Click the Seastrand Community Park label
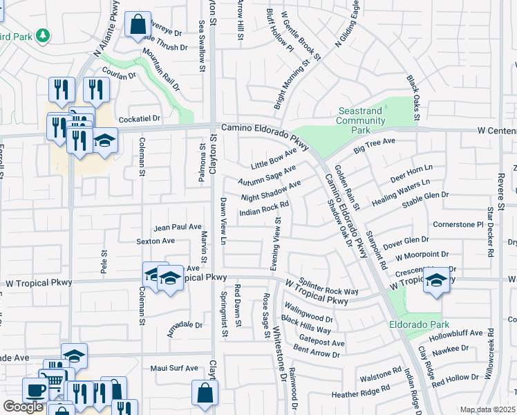pos(361,120)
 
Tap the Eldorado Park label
pos(419,324)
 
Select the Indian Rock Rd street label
pos(263,208)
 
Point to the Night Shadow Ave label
pos(270,191)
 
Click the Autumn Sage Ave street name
pos(267,175)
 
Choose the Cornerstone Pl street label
pos(458,225)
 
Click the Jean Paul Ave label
pos(177,227)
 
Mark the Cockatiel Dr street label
pos(139,119)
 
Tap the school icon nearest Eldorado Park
pos(435,280)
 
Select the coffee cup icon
pos(35,389)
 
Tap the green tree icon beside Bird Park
pos(44,35)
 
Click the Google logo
pos(23,407)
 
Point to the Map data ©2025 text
pos(488,409)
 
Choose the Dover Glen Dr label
pos(406,241)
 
